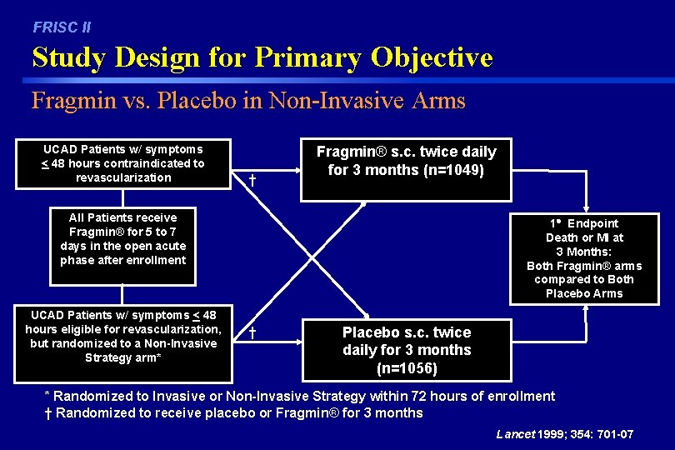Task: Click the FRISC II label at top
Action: point(62,27)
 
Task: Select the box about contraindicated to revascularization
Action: point(122,163)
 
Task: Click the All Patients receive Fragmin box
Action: point(122,238)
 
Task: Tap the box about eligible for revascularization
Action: point(122,337)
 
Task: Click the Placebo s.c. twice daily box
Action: point(406,349)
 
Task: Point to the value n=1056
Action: point(407,367)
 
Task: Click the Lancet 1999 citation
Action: point(564,434)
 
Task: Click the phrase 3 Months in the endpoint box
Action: point(583,252)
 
